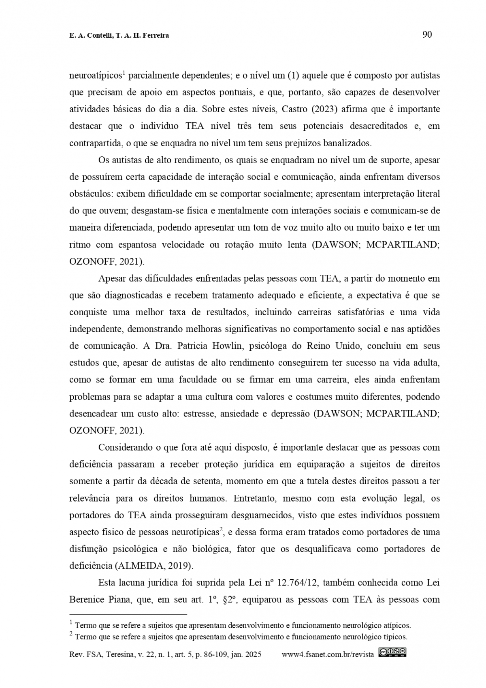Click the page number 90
pyautogui.click(x=427, y=35)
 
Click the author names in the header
pyautogui.click(x=119, y=36)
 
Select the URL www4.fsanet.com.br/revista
pyautogui.click(x=328, y=654)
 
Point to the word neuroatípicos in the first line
pyautogui.click(x=96, y=76)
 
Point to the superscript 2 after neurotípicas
pyautogui.click(x=222, y=529)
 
